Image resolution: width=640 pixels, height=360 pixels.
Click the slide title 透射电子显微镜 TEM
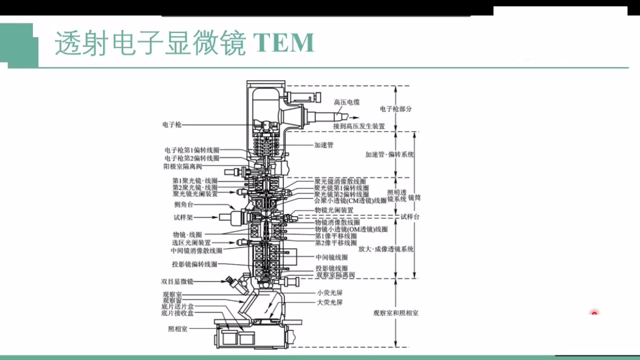coord(184,44)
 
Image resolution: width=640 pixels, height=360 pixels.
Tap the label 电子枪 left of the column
coord(171,124)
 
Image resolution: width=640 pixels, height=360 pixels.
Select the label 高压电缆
coord(346,102)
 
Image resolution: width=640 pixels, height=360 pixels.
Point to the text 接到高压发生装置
coord(359,126)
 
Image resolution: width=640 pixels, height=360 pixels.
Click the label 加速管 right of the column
coord(323,145)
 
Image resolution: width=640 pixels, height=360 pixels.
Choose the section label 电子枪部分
coord(395,109)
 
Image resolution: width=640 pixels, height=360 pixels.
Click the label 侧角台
coord(182,204)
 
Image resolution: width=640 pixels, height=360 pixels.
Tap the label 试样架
coord(182,217)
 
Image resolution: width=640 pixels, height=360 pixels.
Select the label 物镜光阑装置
coord(333,210)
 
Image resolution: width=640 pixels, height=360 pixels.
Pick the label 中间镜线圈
coord(331,257)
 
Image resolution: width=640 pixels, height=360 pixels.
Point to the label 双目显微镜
coord(176,281)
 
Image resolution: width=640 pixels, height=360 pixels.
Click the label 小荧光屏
coord(329,293)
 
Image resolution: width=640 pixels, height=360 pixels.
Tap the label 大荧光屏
coord(329,302)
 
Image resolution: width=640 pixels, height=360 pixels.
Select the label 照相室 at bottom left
coord(177,329)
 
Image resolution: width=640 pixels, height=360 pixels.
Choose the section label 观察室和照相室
coord(395,313)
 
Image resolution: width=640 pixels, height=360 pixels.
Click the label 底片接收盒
coord(177,313)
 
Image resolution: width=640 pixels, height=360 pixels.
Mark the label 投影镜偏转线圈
coord(194,264)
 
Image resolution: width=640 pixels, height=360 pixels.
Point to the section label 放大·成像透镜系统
coord(385,249)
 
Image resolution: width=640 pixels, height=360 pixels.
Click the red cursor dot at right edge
coord(594,313)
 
